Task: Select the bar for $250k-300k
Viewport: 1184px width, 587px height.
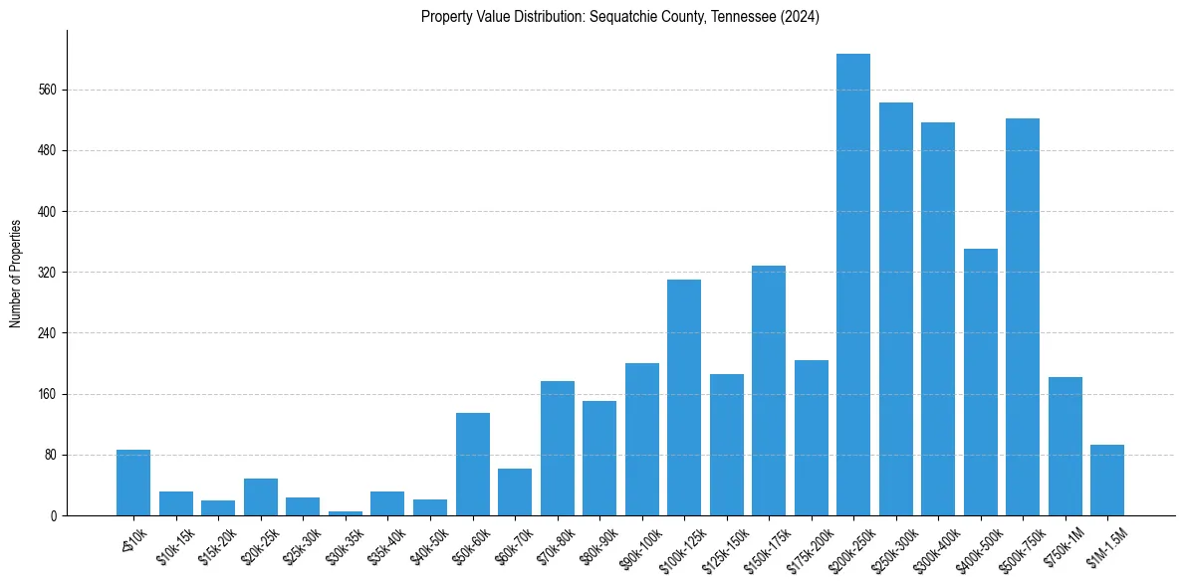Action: [895, 308]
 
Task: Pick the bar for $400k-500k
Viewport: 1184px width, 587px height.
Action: [980, 382]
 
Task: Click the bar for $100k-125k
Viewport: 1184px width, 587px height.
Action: [684, 397]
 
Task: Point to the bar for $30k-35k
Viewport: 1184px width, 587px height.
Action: [346, 512]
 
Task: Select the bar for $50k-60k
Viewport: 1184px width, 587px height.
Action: [472, 464]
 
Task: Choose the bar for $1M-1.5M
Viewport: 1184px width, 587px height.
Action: [1107, 480]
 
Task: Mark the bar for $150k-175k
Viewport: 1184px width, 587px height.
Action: [769, 390]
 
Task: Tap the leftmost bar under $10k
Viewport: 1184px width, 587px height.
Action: [133, 483]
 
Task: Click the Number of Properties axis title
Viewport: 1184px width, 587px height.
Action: [16, 273]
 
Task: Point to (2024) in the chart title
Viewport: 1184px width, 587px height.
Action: [798, 16]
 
